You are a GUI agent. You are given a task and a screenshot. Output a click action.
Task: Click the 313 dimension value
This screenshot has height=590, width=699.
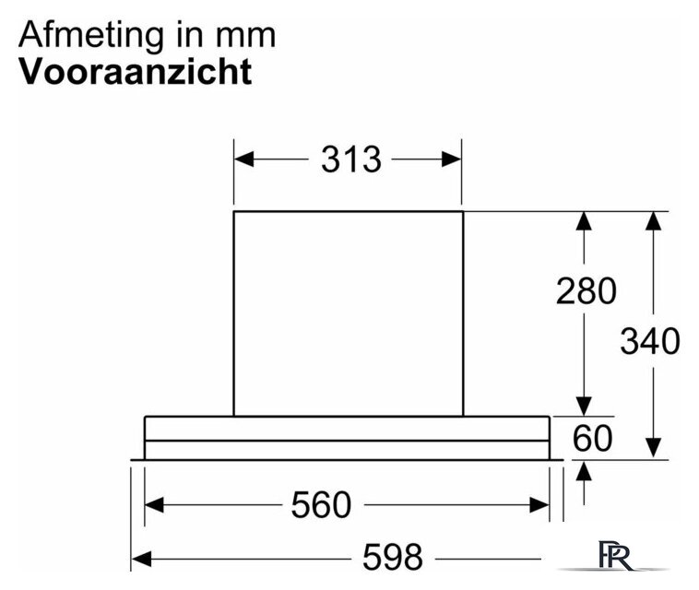[351, 159]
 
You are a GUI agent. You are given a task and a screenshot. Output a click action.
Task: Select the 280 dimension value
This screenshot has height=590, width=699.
[586, 291]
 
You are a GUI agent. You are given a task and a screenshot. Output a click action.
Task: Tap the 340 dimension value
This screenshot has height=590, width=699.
[650, 341]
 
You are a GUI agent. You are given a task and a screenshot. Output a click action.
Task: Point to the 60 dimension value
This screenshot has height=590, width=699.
[592, 438]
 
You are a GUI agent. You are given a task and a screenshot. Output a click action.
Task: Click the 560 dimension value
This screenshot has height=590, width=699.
[321, 505]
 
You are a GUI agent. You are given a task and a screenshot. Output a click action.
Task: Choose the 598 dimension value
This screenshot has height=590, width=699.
[392, 557]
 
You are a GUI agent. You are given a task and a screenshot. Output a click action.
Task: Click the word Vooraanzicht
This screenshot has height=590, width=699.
[136, 71]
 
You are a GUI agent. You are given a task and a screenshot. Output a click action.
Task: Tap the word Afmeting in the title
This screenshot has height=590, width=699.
[91, 36]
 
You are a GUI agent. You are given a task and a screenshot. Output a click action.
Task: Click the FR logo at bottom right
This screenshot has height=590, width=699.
[615, 555]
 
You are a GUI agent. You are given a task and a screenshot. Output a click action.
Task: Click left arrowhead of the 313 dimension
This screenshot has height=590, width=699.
[243, 159]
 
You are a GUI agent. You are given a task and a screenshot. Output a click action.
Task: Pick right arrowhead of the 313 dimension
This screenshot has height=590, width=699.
[451, 159]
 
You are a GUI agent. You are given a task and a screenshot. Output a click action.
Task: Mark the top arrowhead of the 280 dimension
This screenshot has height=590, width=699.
[584, 221]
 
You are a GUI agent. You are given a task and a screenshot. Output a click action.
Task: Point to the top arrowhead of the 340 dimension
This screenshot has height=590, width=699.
[654, 221]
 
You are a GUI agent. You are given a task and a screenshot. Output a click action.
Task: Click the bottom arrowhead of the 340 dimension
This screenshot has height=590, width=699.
[654, 448]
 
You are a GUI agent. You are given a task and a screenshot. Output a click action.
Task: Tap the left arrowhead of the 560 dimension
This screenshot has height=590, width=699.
[154, 505]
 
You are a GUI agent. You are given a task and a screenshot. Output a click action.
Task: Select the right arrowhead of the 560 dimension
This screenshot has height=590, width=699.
[539, 505]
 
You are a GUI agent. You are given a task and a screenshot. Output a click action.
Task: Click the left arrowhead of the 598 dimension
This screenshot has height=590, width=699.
[141, 559]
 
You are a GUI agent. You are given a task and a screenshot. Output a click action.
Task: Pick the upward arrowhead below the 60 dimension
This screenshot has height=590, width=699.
[584, 471]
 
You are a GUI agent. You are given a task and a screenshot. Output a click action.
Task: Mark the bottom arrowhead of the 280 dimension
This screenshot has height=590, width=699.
[584, 407]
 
